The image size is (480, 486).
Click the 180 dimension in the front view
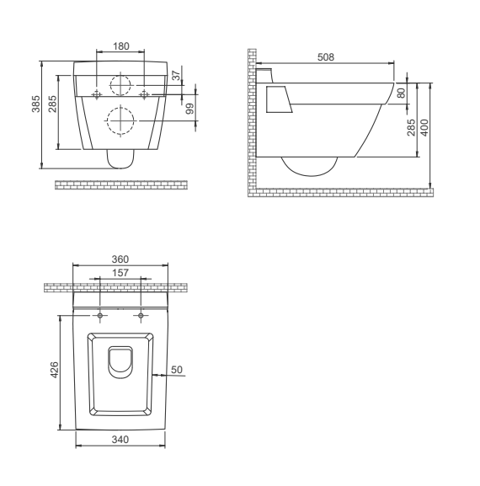[x=120, y=44]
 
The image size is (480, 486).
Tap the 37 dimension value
[x=176, y=77]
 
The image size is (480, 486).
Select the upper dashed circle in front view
[x=120, y=84]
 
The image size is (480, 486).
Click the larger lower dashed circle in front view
[x=120, y=121]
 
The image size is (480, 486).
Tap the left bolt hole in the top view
[x=100, y=316]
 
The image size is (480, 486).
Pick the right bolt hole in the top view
[x=141, y=316]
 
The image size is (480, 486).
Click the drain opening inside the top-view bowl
[x=120, y=360]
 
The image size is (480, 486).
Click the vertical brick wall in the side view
[x=251, y=118]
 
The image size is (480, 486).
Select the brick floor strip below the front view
[x=120, y=183]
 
